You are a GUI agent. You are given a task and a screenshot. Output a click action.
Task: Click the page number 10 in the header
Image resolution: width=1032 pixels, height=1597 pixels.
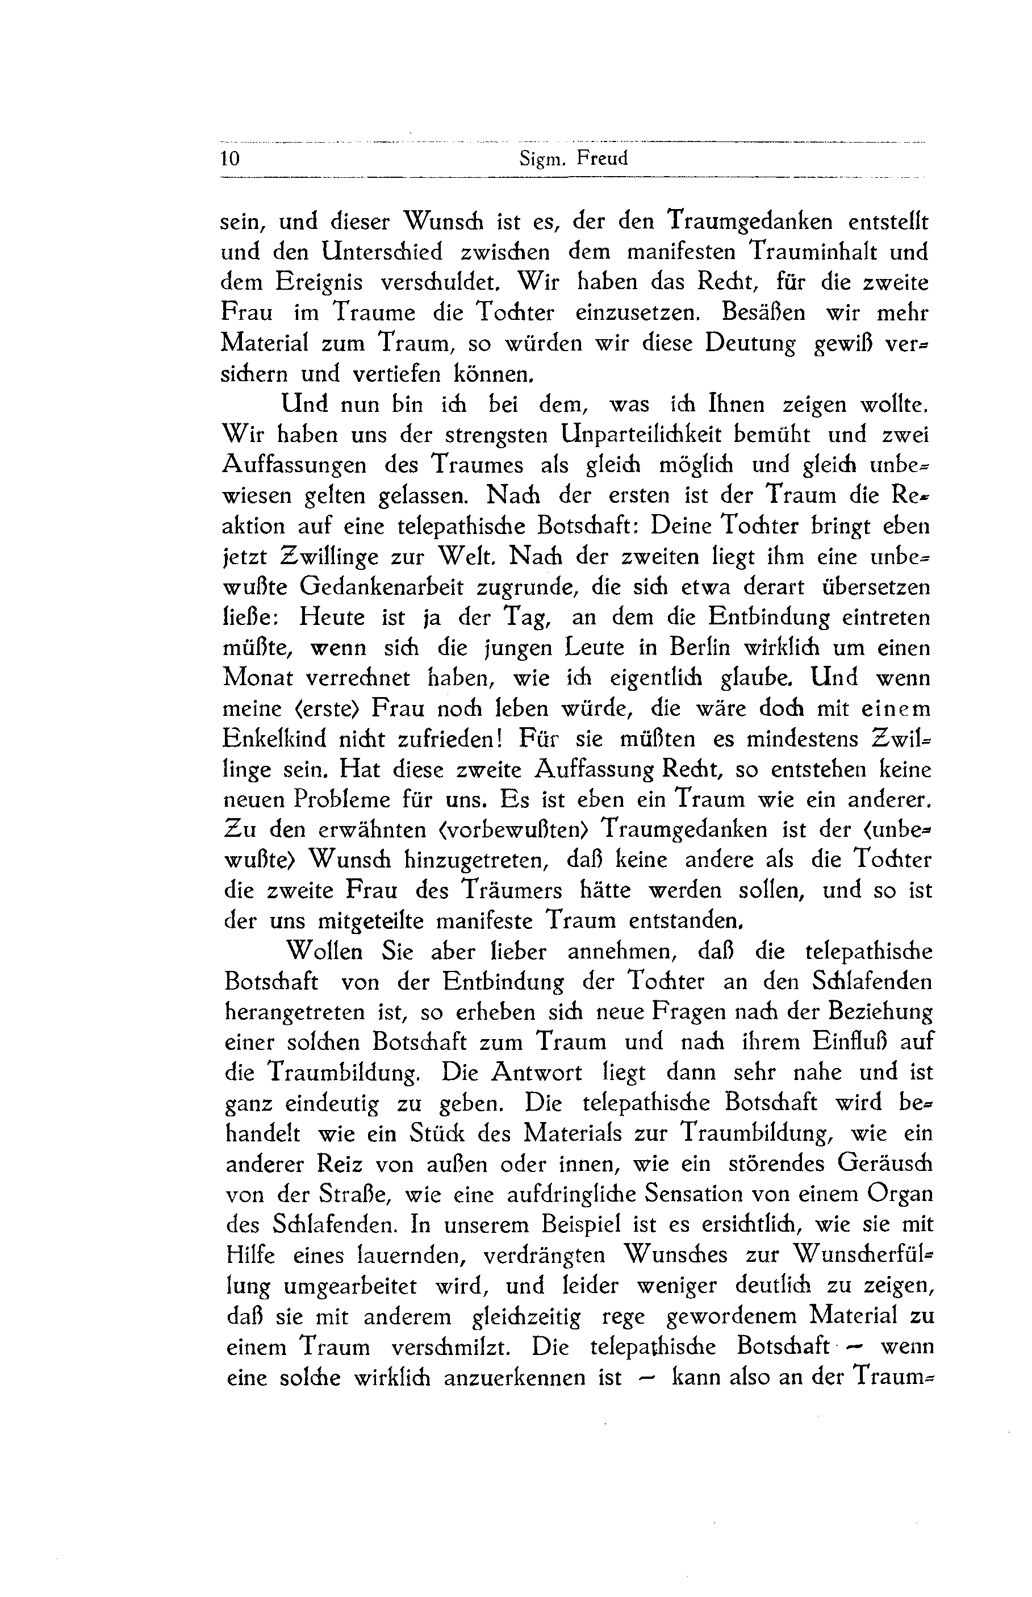[x=230, y=160]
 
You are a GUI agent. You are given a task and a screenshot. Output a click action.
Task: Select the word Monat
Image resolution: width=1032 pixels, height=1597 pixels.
[x=257, y=678]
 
